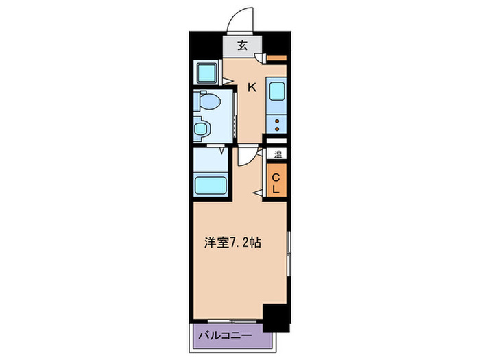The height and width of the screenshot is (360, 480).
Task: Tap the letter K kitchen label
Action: (x=252, y=87)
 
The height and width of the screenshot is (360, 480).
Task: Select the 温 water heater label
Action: (x=278, y=154)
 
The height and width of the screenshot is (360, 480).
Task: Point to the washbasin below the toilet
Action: (x=202, y=128)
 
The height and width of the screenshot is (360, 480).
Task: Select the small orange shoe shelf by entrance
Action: (x=276, y=58)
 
